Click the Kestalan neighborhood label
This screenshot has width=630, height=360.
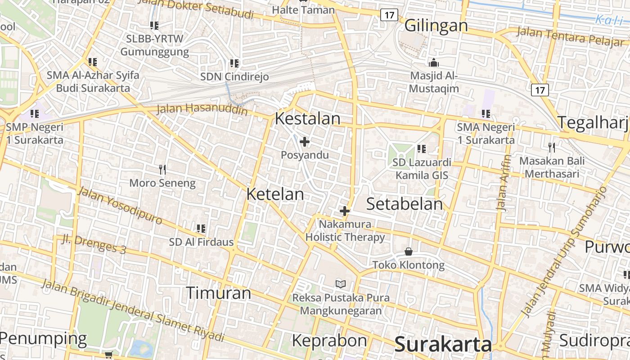tap(307, 119)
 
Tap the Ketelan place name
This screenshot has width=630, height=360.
tap(275, 194)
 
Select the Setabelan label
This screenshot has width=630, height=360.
tap(405, 204)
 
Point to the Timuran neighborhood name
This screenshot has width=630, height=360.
tap(218, 293)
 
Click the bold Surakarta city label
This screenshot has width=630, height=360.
tap(443, 345)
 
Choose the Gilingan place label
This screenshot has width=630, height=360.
tap(436, 26)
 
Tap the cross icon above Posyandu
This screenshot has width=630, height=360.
tap(305, 142)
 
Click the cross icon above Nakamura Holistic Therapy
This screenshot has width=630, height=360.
tap(345, 211)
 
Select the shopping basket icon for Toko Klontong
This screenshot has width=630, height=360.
tap(408, 251)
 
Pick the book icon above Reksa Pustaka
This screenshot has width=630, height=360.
tap(341, 284)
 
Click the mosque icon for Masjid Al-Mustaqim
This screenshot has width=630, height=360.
tap(434, 63)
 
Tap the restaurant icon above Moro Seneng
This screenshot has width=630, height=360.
tap(162, 170)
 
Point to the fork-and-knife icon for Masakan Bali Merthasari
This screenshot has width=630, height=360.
tap(552, 147)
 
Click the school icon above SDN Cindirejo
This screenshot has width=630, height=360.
tap(234, 63)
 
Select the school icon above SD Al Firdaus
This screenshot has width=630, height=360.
tap(201, 229)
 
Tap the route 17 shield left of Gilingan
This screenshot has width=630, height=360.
tap(389, 15)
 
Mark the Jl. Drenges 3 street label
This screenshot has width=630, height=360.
tap(94, 244)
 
